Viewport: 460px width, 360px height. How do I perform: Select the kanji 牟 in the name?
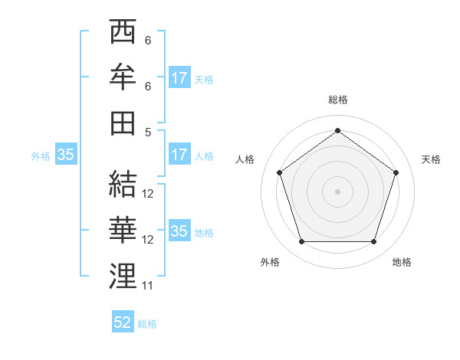point(123,78)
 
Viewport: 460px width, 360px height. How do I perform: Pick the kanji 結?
point(123,184)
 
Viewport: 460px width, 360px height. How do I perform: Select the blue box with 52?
point(123,322)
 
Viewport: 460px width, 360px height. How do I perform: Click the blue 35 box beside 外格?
point(66,155)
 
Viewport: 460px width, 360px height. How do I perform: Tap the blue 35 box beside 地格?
point(179,231)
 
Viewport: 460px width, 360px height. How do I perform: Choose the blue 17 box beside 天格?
point(179,77)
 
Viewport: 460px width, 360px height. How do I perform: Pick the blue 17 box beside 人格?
point(179,155)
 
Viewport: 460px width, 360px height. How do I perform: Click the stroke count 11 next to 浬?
point(148,286)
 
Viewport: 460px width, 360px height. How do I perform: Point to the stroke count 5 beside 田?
point(148,131)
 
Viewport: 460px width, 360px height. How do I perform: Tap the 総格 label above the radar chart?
point(337,100)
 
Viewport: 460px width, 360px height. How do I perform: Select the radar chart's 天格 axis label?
point(431,159)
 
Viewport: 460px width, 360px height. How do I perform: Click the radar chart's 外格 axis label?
point(270,262)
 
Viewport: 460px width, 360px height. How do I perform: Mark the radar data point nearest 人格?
point(279,172)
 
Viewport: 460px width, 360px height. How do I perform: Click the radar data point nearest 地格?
point(373,242)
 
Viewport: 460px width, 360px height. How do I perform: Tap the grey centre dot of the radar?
point(337,191)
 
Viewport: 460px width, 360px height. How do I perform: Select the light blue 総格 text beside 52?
point(148,324)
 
